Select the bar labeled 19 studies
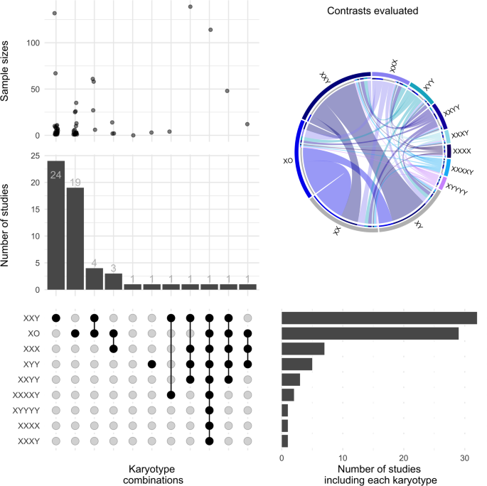[x=75, y=238]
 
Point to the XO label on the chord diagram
[x=288, y=161]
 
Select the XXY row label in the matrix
[x=30, y=318]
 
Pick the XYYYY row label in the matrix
[x=26, y=410]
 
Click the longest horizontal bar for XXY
[x=379, y=318]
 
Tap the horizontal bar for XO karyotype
[x=370, y=333]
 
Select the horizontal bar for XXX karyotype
[x=303, y=348]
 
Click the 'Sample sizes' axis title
[x=6, y=68]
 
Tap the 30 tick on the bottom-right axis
[x=464, y=459]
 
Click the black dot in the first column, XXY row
[x=55, y=318]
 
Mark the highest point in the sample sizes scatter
[x=190, y=6]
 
